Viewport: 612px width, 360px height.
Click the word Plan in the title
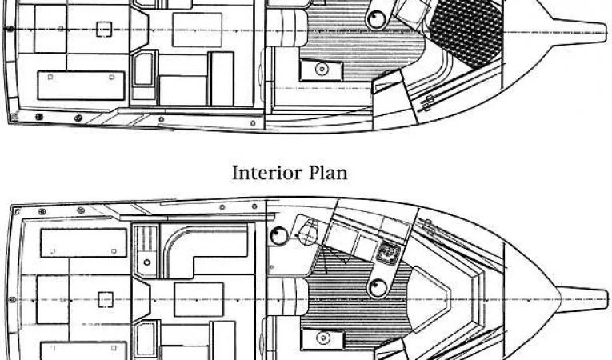click(328, 173)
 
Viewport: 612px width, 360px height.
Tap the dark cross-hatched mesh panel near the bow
click(466, 32)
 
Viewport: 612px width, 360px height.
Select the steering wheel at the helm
click(308, 233)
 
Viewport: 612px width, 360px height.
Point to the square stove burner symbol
click(386, 252)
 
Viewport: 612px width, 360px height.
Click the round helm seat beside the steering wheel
click(278, 235)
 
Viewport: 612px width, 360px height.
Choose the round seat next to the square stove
click(378, 288)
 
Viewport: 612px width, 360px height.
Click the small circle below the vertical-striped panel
click(146, 262)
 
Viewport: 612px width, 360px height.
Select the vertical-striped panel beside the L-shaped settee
click(146, 240)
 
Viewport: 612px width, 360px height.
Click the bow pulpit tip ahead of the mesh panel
click(604, 30)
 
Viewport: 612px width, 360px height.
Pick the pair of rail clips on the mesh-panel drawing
click(428, 102)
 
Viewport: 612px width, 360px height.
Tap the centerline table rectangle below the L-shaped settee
click(198, 299)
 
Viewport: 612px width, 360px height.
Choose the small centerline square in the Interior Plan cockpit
click(106, 299)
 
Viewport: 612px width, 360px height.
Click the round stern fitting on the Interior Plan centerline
click(12, 300)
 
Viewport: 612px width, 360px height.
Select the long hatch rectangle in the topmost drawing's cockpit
click(81, 85)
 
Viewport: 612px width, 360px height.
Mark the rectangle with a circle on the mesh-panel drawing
click(322, 70)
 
